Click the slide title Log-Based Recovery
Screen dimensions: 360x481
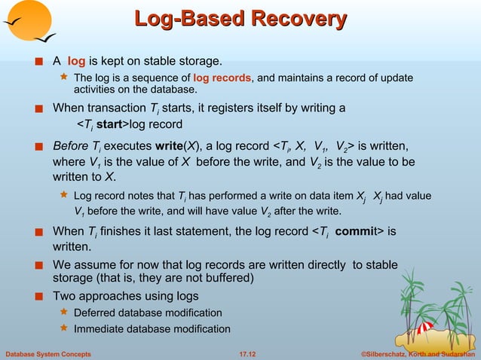pos(240,19)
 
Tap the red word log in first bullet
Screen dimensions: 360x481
pos(77,60)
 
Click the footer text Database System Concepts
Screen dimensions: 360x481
pos(48,352)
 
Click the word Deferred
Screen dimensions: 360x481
pos(96,313)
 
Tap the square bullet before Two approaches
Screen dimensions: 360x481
pos(39,297)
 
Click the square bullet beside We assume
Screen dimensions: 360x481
pos(39,265)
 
